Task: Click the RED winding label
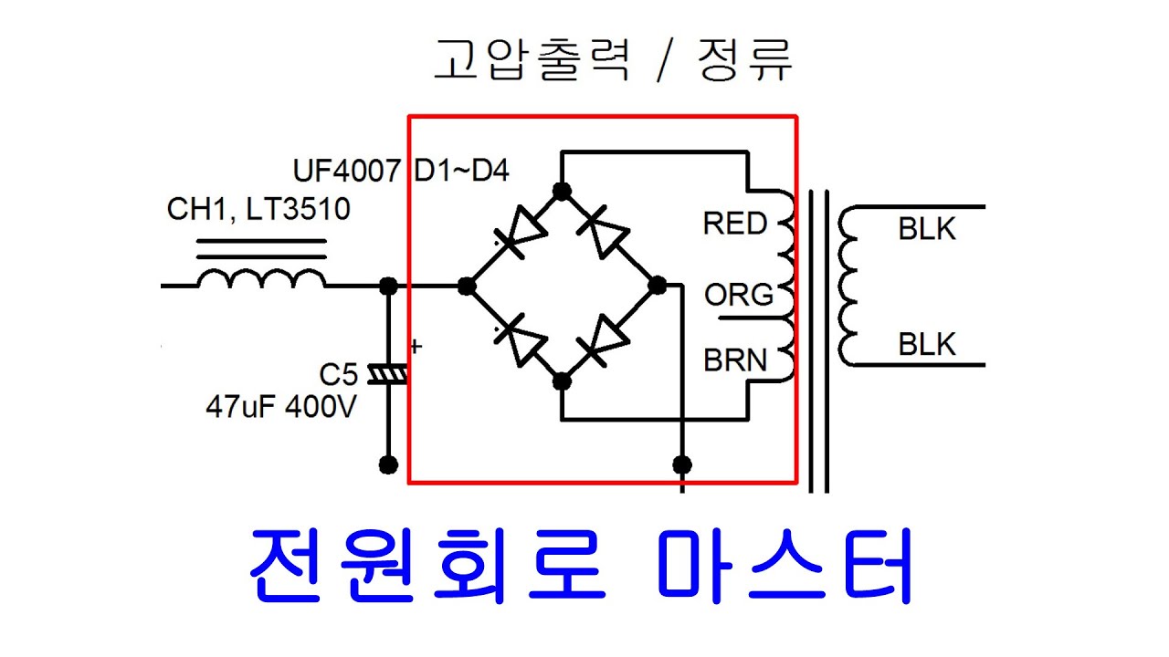coord(735,224)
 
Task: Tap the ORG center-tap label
coord(739,295)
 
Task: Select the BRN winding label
coord(735,360)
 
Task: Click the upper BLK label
coord(927,229)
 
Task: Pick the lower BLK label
coord(927,345)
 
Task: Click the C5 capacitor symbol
coord(388,374)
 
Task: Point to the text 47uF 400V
coord(281,407)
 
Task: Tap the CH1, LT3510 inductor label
coord(258,210)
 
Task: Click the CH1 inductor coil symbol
coord(261,277)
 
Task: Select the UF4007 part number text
coord(346,171)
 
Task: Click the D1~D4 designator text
coord(461,171)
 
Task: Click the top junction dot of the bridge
coord(563,191)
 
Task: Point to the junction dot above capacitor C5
coord(388,287)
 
